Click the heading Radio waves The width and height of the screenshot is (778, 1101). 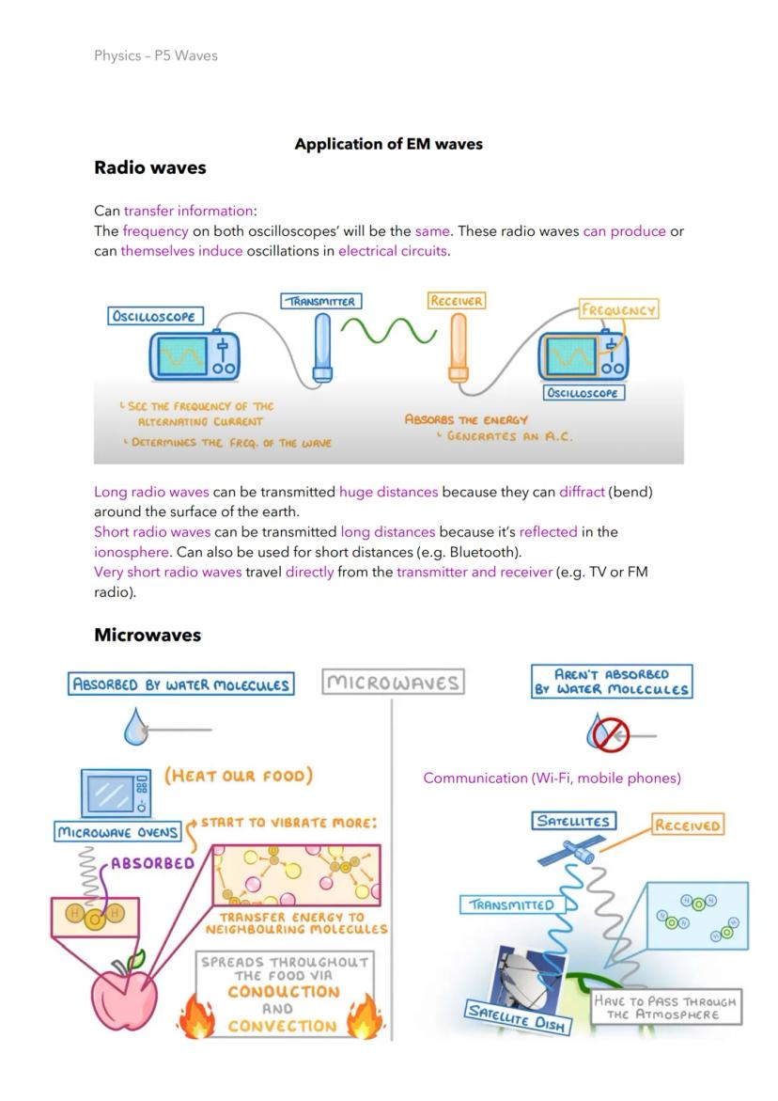coord(149,168)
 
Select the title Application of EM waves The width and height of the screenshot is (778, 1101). coord(388,144)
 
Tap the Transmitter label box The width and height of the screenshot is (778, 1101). coord(321,301)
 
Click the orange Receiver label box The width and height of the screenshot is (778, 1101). coord(456,301)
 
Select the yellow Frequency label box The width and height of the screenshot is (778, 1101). coord(618,309)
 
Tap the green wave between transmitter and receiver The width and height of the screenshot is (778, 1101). coord(388,331)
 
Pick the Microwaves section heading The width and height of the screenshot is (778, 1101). coord(148,635)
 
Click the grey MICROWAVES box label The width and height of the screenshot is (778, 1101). coord(393,683)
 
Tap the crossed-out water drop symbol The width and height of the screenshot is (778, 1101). coord(608,732)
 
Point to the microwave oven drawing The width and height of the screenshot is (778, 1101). coord(116,793)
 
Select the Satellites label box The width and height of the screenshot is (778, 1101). coord(572,821)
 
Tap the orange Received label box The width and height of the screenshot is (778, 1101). coord(687,826)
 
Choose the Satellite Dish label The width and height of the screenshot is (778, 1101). coord(518,1017)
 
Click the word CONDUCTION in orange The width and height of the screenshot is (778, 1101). coord(283,992)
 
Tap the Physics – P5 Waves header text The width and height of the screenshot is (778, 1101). coord(156,55)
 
